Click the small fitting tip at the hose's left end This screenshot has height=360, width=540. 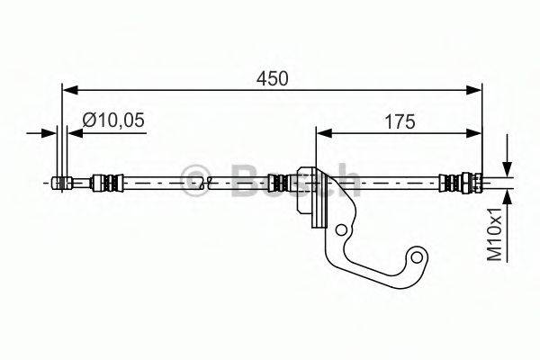[61, 184]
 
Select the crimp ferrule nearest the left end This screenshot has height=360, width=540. [105, 184]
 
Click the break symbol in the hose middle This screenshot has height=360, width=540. [209, 184]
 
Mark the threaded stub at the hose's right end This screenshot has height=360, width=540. [475, 184]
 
